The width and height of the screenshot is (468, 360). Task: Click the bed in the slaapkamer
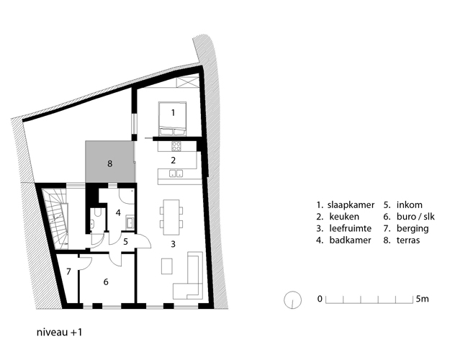coord(173,119)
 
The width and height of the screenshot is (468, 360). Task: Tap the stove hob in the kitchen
coord(176,146)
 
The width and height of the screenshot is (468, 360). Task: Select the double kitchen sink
coord(176,173)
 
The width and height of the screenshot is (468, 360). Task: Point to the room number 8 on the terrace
coord(110,163)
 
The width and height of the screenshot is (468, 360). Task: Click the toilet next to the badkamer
coord(97,213)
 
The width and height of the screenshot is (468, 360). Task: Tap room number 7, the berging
coord(68,271)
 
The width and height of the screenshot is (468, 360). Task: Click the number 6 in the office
coord(106,282)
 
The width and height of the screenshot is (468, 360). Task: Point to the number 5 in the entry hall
coord(126,241)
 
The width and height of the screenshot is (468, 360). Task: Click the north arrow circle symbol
coord(292,300)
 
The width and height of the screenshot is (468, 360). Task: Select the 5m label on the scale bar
coord(423,299)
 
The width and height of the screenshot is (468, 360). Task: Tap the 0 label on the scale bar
coord(320,299)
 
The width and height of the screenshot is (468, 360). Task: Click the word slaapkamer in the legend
coord(351,205)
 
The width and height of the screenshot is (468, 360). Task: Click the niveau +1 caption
coord(59,332)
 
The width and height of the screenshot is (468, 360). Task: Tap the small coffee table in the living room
coord(167,266)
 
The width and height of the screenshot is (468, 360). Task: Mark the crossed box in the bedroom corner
coord(188,82)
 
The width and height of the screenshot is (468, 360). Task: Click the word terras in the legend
coord(408,240)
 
